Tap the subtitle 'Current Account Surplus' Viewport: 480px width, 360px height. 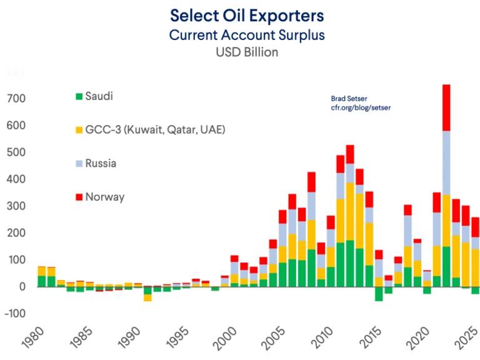coord(247,34)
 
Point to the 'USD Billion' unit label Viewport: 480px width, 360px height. coord(247,52)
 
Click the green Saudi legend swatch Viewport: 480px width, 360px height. coord(79,96)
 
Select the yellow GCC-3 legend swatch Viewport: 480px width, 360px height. coord(79,130)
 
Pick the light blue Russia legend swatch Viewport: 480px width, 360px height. coord(79,164)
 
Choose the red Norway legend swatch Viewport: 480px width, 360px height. coord(79,197)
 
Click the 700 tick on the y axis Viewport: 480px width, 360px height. coord(16,99)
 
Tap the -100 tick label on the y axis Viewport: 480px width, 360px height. coord(15,313)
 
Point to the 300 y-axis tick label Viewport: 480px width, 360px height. coord(16,206)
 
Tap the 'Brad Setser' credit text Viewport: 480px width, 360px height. coord(349,98)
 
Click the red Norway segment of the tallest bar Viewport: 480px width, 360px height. coord(446,107)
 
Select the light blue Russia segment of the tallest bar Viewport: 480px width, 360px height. coord(446,162)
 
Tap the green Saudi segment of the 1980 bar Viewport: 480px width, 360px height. coord(41,281)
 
